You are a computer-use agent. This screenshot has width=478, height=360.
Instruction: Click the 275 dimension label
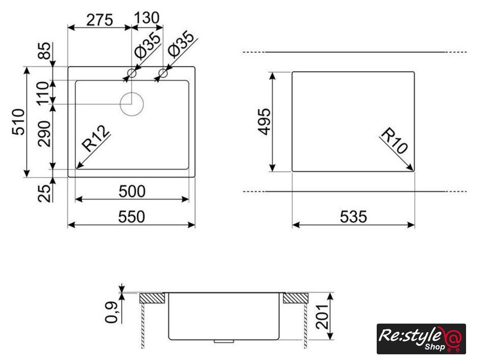coord(100,20)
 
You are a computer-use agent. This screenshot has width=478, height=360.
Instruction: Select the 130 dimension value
coord(146,18)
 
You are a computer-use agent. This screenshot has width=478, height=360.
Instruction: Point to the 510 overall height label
coord(18,122)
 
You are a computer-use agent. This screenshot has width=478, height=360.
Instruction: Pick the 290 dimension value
coord(44,134)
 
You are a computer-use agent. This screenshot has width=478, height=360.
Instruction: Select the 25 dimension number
coord(44,193)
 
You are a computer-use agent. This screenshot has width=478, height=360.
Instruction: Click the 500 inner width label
coord(132,192)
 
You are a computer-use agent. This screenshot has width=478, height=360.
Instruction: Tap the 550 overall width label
coord(131,217)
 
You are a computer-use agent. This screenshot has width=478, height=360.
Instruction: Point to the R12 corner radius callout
coord(96,139)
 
